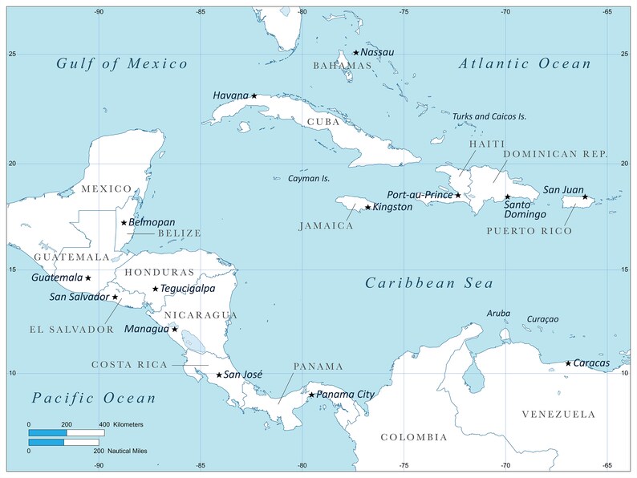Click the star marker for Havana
coord(254,95)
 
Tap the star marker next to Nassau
coord(356,53)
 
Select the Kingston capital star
coord(368,207)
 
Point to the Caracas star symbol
coord(568,363)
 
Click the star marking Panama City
coord(312,394)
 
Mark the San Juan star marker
coord(585,196)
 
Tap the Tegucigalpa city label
coord(189,289)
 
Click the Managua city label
coord(147,329)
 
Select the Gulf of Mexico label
coord(122,64)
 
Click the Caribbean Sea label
coord(429,283)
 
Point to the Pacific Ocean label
coord(94,398)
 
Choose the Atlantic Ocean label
coord(524,64)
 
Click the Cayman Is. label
coord(309,178)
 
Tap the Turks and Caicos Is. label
coord(489,116)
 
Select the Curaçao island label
coord(542,318)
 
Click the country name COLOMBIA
coord(413,437)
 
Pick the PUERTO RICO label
coord(529,231)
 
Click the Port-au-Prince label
coord(420,195)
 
